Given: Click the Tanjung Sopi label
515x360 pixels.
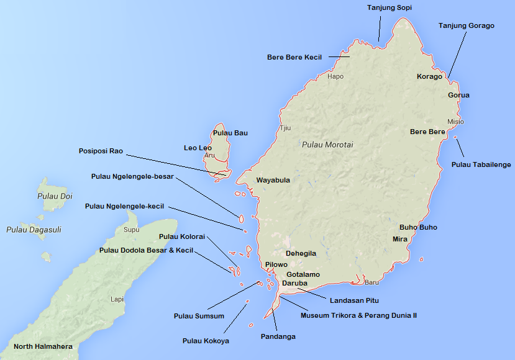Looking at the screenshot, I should (390, 7).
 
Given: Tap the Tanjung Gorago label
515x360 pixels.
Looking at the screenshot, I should (466, 25).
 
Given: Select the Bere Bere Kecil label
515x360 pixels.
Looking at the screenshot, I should (294, 57).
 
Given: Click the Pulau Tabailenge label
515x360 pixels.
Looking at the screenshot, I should (481, 164).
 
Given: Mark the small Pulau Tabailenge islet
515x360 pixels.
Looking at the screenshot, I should (455, 137).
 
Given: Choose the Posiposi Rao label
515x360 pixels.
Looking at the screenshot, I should (101, 151).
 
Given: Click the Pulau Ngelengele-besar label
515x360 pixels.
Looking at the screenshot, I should (132, 176).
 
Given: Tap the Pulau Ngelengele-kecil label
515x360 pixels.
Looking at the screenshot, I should (124, 206).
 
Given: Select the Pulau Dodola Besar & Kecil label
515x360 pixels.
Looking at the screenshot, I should (146, 250).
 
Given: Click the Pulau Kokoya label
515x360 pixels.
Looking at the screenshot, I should (206, 340).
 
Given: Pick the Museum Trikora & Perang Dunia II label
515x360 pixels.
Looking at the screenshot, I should (358, 315).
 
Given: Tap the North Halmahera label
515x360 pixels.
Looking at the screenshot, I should (43, 346).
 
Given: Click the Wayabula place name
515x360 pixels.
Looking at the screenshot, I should (273, 181).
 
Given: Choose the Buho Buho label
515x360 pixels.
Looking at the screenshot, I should (417, 227).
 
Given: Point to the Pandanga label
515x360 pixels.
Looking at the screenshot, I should (278, 336).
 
